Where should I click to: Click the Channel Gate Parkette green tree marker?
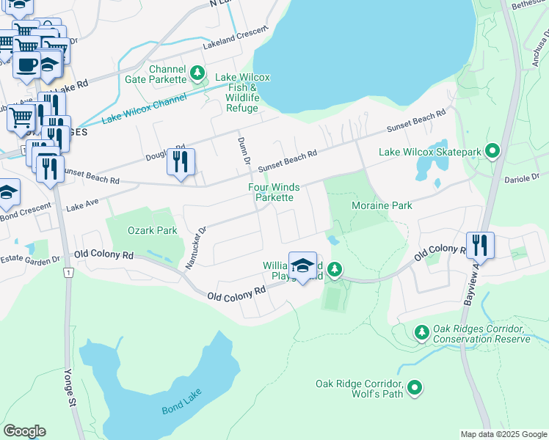(197, 73)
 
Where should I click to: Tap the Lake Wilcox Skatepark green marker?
(492, 153)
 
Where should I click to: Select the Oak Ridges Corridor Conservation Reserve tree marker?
(422, 333)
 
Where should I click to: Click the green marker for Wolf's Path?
(415, 387)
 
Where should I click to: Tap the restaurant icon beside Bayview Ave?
(480, 245)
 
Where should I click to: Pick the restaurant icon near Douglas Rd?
(181, 161)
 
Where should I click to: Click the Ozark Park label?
(152, 230)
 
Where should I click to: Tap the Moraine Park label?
(382, 206)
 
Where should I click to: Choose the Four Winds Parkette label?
(274, 192)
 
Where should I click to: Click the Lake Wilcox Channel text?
(145, 109)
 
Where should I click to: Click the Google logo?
(25, 430)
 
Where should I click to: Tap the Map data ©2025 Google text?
(503, 434)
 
